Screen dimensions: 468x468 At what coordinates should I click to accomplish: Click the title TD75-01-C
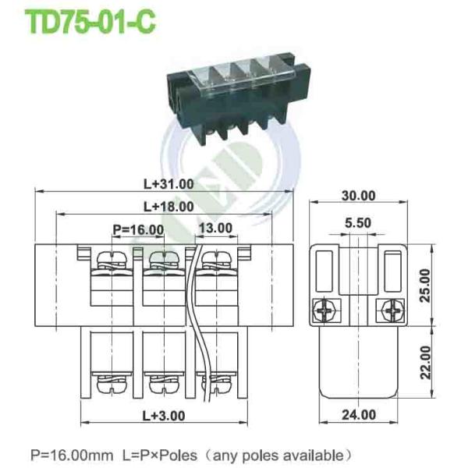pyautogui.click(x=92, y=22)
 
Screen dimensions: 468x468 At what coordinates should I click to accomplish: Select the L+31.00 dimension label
pyautogui.click(x=168, y=184)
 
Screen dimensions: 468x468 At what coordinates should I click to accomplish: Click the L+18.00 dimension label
pyautogui.click(x=168, y=207)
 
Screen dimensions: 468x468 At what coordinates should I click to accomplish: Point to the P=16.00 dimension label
pyautogui.click(x=138, y=229)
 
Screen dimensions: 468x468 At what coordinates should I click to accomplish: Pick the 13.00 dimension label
pyautogui.click(x=215, y=229)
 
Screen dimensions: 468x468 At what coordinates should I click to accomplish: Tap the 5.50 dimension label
pyautogui.click(x=359, y=222)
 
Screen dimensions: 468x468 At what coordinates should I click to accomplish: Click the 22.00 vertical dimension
pyautogui.click(x=446, y=362)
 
